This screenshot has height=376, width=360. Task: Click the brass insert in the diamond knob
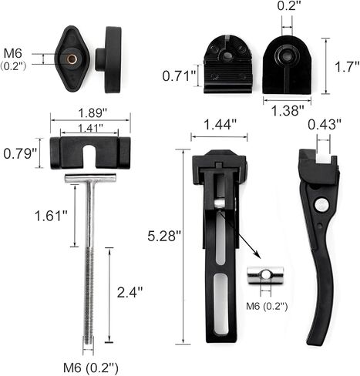click(x=72, y=59)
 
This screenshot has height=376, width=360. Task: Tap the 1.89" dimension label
click(x=93, y=113)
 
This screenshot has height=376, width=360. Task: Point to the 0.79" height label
click(x=19, y=153)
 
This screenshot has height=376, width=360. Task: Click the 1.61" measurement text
click(x=51, y=216)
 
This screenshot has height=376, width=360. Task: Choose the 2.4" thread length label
click(x=130, y=292)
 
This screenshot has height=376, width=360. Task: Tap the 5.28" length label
click(x=164, y=236)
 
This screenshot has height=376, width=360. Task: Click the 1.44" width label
click(x=220, y=125)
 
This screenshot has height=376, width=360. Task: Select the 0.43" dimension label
click(x=325, y=125)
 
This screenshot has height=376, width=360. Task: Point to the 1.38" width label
click(x=288, y=111)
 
